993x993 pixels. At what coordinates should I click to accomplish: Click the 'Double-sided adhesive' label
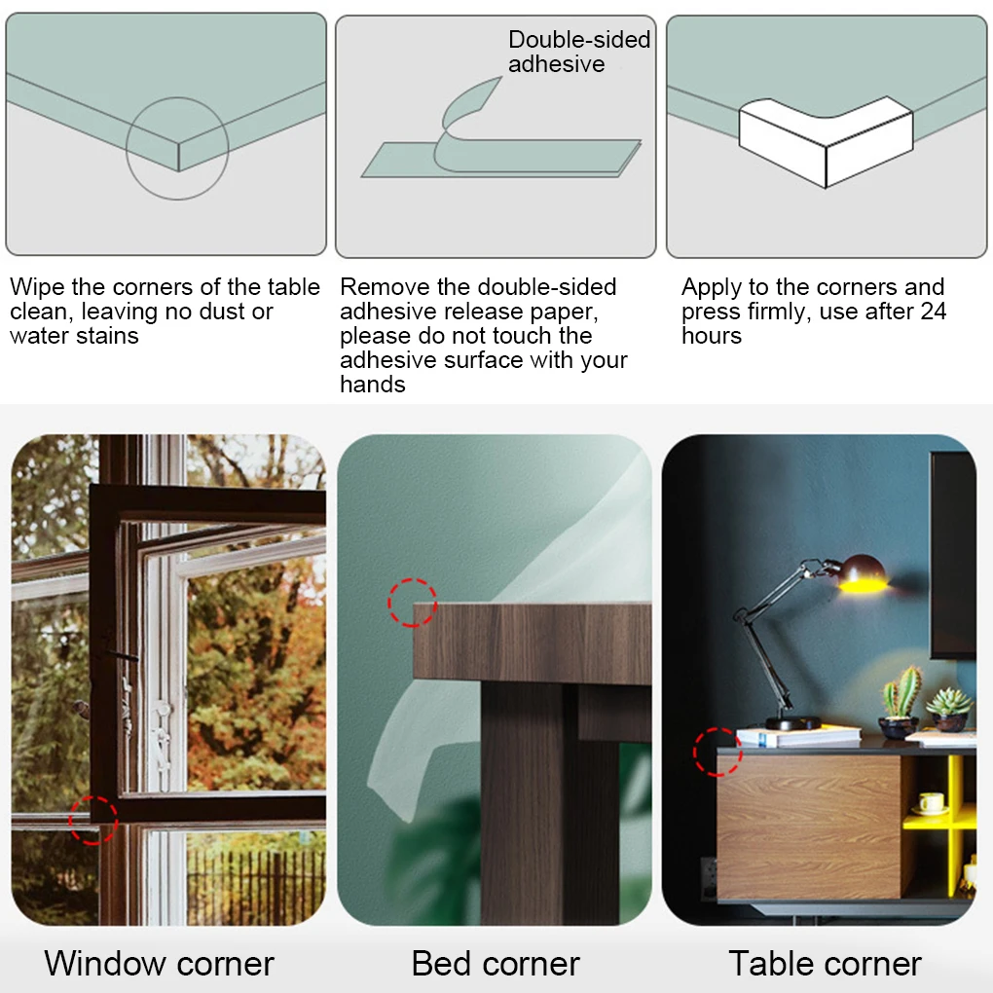[579, 52]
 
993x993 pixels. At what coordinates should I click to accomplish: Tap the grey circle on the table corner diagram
[127, 149]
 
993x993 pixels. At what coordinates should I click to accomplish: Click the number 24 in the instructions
[934, 311]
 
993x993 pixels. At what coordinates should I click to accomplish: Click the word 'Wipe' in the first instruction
[37, 287]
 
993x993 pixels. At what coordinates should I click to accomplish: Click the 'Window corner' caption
[159, 964]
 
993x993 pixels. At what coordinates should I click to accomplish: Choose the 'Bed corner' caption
[496, 964]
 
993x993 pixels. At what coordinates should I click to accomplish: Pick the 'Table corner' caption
[826, 964]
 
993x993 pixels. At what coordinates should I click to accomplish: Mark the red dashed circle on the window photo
[70, 821]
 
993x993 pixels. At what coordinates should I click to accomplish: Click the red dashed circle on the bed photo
[388, 603]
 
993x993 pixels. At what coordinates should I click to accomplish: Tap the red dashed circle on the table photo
[695, 752]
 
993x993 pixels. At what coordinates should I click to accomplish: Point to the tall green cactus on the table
[901, 692]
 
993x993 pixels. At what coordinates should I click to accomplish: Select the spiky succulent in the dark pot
[948, 702]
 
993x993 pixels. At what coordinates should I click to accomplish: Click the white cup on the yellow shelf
[932, 802]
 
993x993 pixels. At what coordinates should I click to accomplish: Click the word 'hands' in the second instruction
[373, 385]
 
